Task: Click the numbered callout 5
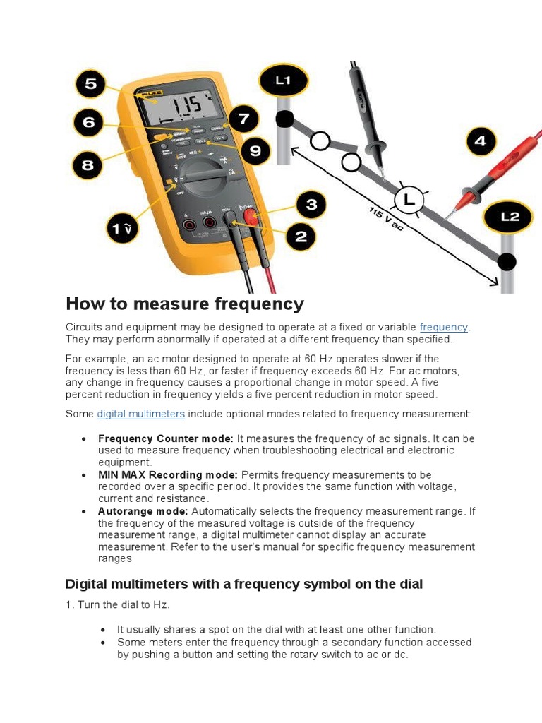point(91,85)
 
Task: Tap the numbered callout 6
point(88,122)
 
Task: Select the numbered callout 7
point(243,118)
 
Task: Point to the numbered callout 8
point(88,165)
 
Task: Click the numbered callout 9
point(255,150)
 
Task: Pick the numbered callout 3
point(311,205)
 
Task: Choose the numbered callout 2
point(301,237)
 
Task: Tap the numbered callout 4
point(480,141)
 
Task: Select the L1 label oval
point(283,80)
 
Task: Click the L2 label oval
point(510,217)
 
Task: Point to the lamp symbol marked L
point(408,201)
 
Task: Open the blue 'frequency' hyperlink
point(443,327)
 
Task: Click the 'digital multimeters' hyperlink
point(140,414)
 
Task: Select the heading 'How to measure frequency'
point(185,304)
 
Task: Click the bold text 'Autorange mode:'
point(143,510)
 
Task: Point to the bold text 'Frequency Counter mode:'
point(165,438)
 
